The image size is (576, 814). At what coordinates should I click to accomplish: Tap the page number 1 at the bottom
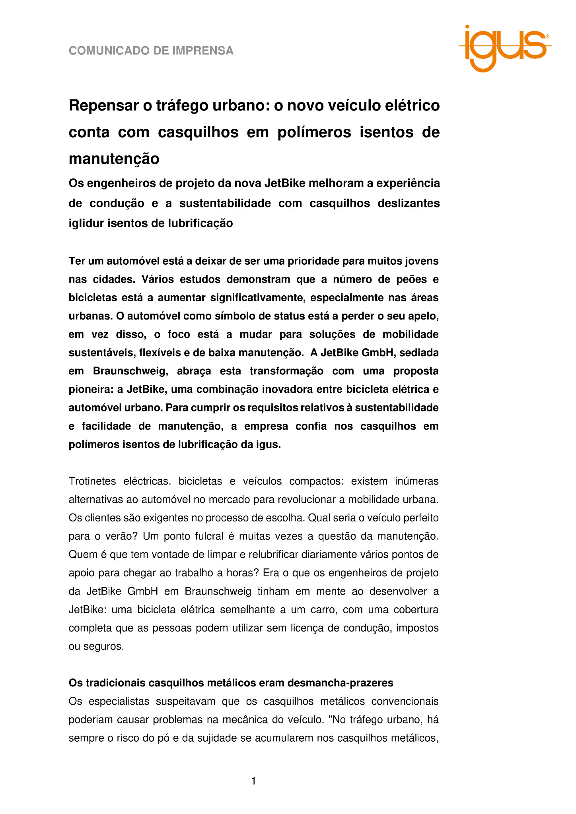point(254,781)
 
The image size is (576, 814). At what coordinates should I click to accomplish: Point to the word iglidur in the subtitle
point(86,223)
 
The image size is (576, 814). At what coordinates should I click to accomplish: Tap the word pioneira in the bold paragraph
point(91,390)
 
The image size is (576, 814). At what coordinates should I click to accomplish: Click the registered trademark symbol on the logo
point(547,36)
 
